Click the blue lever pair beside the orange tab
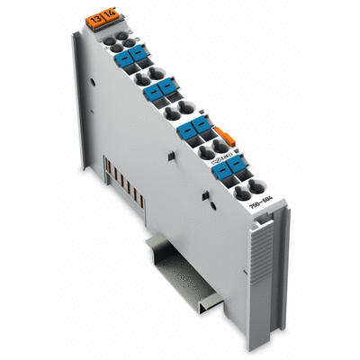193,132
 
